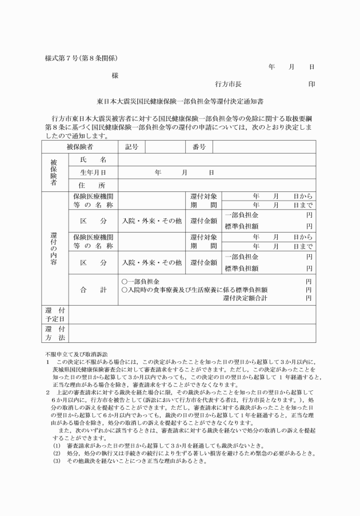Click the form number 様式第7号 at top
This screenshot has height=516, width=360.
(63, 58)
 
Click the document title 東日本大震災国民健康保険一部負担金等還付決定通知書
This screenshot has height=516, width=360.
(180, 102)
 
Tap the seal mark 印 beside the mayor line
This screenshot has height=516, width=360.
(312, 83)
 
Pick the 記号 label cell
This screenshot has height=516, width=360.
(132, 147)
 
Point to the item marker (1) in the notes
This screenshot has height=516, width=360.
(57, 444)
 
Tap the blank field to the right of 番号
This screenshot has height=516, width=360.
(263, 147)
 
